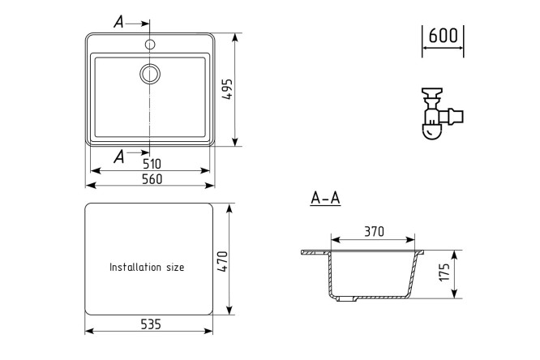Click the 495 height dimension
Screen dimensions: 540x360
click(x=227, y=89)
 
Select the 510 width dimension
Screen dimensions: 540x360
click(x=152, y=164)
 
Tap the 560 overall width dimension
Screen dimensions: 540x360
click(x=152, y=179)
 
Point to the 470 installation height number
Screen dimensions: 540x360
click(x=222, y=262)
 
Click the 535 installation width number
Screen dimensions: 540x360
click(x=151, y=324)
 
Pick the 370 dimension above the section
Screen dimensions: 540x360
click(x=374, y=232)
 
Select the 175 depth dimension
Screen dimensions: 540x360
click(x=444, y=272)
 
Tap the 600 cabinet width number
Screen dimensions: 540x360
click(x=444, y=36)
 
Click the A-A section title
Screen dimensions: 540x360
click(x=325, y=199)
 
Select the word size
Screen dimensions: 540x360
click(x=175, y=268)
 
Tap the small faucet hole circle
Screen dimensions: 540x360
click(x=150, y=44)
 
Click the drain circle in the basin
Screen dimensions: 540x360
click(x=150, y=74)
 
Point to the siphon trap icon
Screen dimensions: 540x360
click(x=443, y=114)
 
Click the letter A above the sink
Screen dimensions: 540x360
click(x=118, y=22)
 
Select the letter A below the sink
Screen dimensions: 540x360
click(x=119, y=156)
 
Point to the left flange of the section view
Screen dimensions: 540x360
click(x=315, y=252)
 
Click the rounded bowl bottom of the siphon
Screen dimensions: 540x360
click(x=431, y=131)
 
